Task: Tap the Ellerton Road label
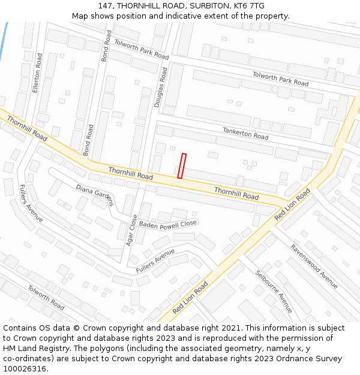pyautogui.click(x=38, y=73)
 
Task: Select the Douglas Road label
pyautogui.click(x=161, y=87)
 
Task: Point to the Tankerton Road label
pyautogui.click(x=245, y=133)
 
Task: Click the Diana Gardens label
pyautogui.click(x=95, y=195)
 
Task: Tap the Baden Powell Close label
pyautogui.click(x=168, y=224)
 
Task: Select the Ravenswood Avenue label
pyautogui.click(x=314, y=266)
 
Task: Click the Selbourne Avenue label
pyautogui.click(x=274, y=291)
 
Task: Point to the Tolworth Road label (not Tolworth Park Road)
pyautogui.click(x=46, y=298)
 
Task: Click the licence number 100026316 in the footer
pyautogui.click(x=26, y=369)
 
